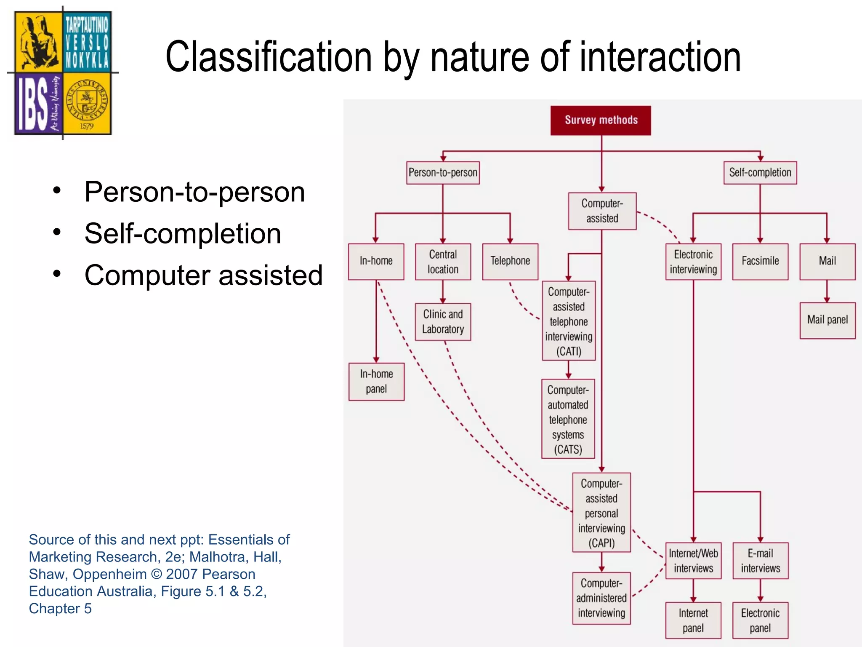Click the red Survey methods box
pyautogui.click(x=601, y=120)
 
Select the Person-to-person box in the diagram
pyautogui.click(x=443, y=173)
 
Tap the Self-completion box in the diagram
pyautogui.click(x=760, y=173)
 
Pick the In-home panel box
pyautogui.click(x=376, y=382)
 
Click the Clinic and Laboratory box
pyautogui.click(x=443, y=322)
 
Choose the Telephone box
pyautogui.click(x=510, y=261)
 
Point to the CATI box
pyautogui.click(x=569, y=321)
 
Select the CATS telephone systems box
pyautogui.click(x=568, y=419)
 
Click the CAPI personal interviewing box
pyautogui.click(x=601, y=513)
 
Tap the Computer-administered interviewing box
pyautogui.click(x=601, y=598)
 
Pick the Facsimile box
pyautogui.click(x=760, y=261)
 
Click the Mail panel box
pyautogui.click(x=827, y=320)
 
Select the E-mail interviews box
pyautogui.click(x=760, y=561)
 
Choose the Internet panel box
pyautogui.click(x=693, y=620)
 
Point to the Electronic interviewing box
pyautogui.click(x=693, y=262)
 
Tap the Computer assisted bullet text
pyautogui.click(x=203, y=275)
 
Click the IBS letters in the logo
pyautogui.click(x=32, y=104)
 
